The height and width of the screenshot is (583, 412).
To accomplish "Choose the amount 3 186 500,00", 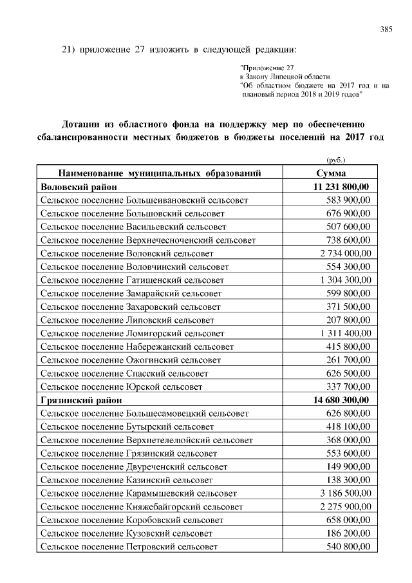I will click(x=345, y=493).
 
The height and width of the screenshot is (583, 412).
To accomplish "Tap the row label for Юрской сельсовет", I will click(x=121, y=387).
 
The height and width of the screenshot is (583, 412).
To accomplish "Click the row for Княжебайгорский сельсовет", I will click(x=141, y=506).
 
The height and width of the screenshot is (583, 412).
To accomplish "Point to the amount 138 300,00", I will click(x=349, y=480).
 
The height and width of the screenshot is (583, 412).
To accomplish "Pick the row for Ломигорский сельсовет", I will click(x=132, y=333).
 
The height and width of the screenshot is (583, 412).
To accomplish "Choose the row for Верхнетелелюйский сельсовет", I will click(x=146, y=440).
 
